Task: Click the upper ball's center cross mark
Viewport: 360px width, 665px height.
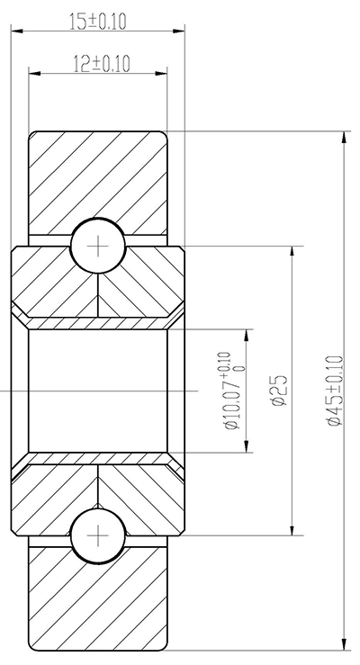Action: point(97,245)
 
